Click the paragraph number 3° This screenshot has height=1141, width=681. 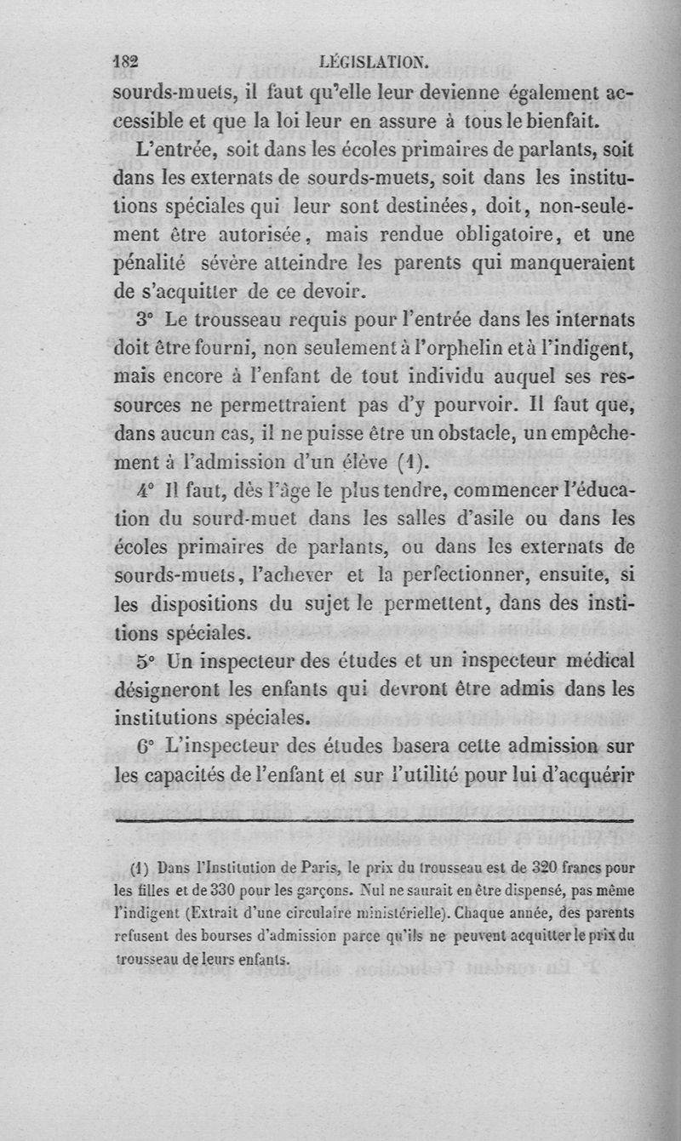144,322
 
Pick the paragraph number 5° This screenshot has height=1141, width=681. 145,661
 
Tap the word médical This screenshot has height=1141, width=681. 599,661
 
